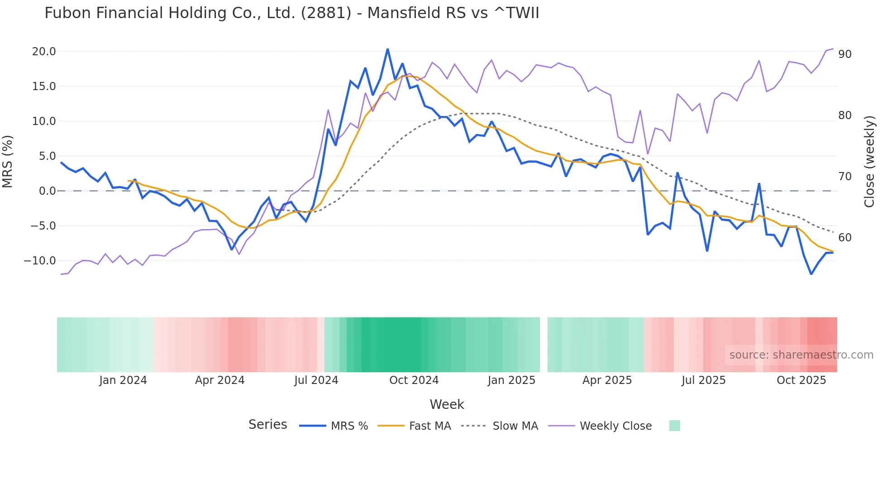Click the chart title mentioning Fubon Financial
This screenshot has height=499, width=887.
point(291,13)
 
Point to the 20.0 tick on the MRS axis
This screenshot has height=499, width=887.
point(44,52)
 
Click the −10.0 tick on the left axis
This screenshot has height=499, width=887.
point(40,261)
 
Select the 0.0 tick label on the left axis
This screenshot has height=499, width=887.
point(47,191)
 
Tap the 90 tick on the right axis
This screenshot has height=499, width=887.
point(844,54)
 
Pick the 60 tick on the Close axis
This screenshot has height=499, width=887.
point(844,238)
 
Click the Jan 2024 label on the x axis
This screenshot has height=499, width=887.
point(123,380)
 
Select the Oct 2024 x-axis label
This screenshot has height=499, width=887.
point(414,380)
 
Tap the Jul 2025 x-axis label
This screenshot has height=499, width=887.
point(703,380)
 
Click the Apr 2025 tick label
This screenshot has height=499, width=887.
point(607,380)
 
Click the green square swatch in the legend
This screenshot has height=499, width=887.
point(674,426)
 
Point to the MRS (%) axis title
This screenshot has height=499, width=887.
point(8,162)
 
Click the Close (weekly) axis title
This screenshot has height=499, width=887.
point(869,162)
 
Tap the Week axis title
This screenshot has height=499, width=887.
point(447,404)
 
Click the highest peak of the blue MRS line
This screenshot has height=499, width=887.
point(387,49)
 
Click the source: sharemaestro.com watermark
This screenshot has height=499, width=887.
point(801,355)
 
